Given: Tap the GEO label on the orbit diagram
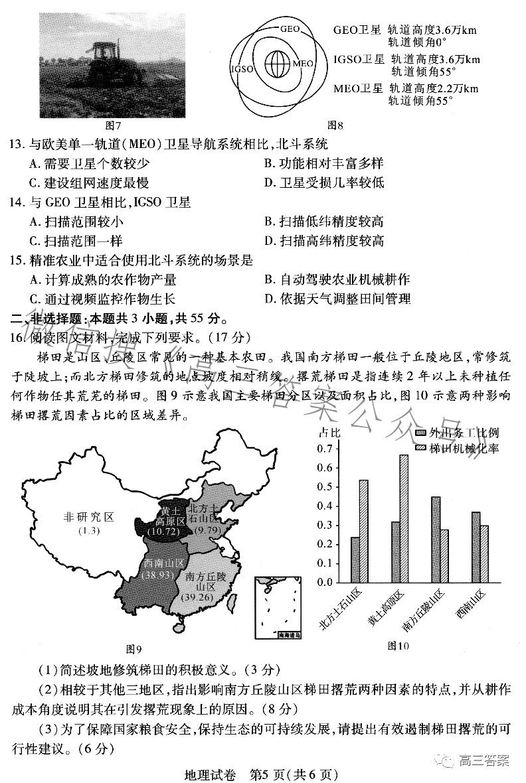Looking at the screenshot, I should [x=290, y=29].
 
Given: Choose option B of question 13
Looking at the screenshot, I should [x=323, y=163].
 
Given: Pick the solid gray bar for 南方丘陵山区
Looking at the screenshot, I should [x=436, y=539].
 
